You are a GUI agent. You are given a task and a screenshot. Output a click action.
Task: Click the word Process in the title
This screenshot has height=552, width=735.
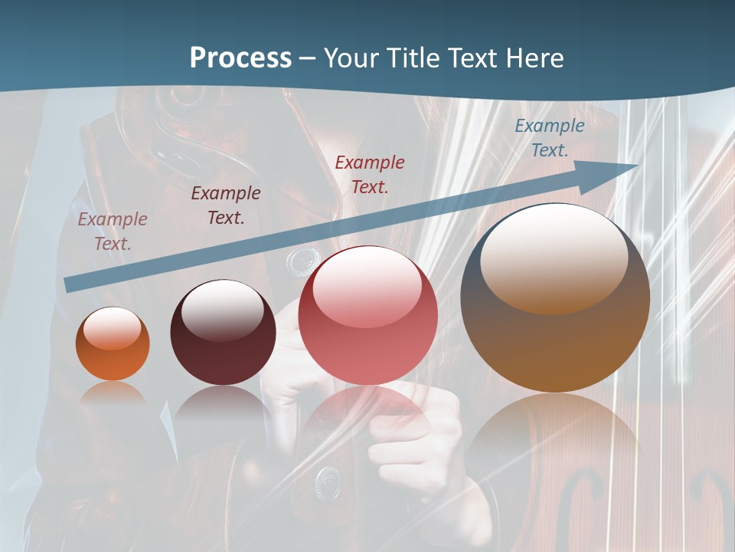pos(240,58)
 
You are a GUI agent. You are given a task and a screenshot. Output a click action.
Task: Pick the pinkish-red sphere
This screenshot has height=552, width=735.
pos(367,316)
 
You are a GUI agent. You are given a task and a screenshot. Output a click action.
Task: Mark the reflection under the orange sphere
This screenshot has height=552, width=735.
pos(113,395)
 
